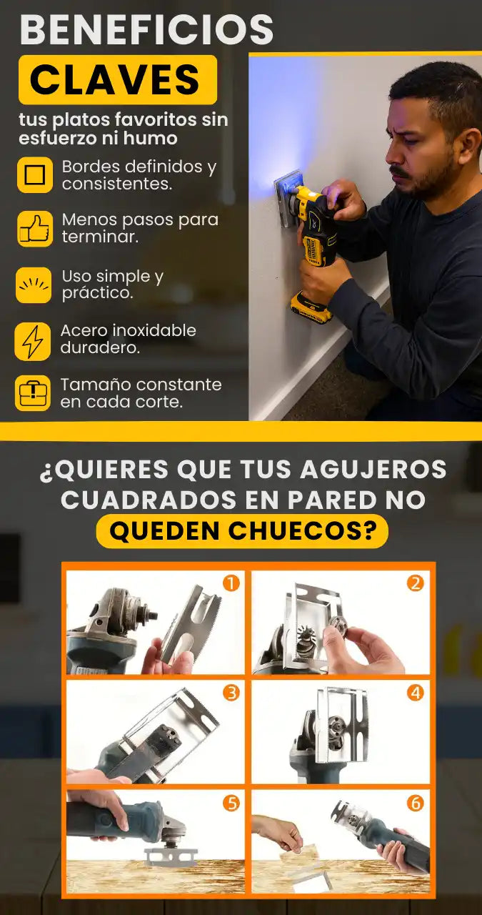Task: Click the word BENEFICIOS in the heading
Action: [x=146, y=29]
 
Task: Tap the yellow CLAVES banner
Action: [x=118, y=79]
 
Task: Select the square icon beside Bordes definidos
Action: [x=35, y=175]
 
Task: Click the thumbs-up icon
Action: [x=35, y=229]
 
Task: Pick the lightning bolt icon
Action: [x=33, y=342]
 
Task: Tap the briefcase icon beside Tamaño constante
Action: [x=33, y=393]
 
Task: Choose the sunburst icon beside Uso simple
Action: [x=34, y=285]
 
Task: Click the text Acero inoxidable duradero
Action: [x=128, y=339]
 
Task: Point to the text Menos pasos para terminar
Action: [x=140, y=228]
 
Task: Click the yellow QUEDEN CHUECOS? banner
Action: [x=242, y=530]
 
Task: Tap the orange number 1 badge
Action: [x=231, y=583]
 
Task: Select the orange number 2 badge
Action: [x=416, y=583]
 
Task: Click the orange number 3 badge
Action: [x=231, y=693]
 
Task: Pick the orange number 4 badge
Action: [x=416, y=693]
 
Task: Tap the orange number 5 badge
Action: [x=231, y=803]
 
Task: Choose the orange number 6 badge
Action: [x=416, y=803]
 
